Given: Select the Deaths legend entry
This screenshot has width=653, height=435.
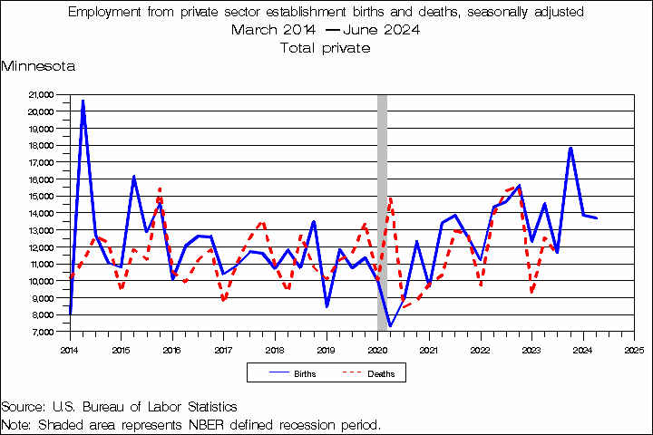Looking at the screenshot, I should pyautogui.click(x=380, y=372).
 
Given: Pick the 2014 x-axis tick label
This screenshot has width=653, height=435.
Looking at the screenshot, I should pyautogui.click(x=70, y=348).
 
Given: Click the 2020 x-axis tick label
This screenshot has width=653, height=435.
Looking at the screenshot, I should pyautogui.click(x=377, y=348).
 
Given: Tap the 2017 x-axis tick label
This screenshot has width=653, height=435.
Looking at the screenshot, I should pyautogui.click(x=224, y=348).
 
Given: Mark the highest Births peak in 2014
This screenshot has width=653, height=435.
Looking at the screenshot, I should pyautogui.click(x=83, y=101).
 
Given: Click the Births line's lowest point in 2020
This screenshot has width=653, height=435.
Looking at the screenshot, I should pyautogui.click(x=390, y=325).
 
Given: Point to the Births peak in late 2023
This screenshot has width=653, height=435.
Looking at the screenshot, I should pyautogui.click(x=570, y=148).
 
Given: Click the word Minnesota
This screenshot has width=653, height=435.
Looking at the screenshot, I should pyautogui.click(x=38, y=66).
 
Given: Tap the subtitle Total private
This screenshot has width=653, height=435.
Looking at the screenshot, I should pyautogui.click(x=326, y=48).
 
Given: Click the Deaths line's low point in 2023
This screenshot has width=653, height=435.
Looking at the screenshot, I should pyautogui.click(x=531, y=292).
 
